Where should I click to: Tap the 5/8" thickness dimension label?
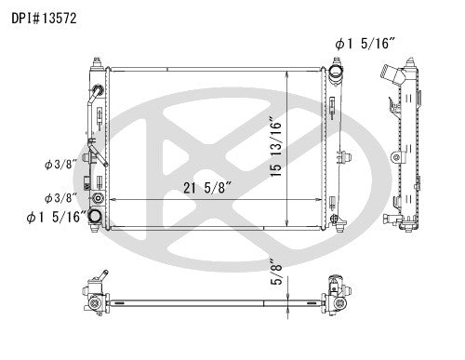pos(276,272)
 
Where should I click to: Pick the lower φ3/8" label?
pos(60,197)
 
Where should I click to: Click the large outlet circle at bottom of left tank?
pos(97,216)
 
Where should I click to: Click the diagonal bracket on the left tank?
pos(94,154)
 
